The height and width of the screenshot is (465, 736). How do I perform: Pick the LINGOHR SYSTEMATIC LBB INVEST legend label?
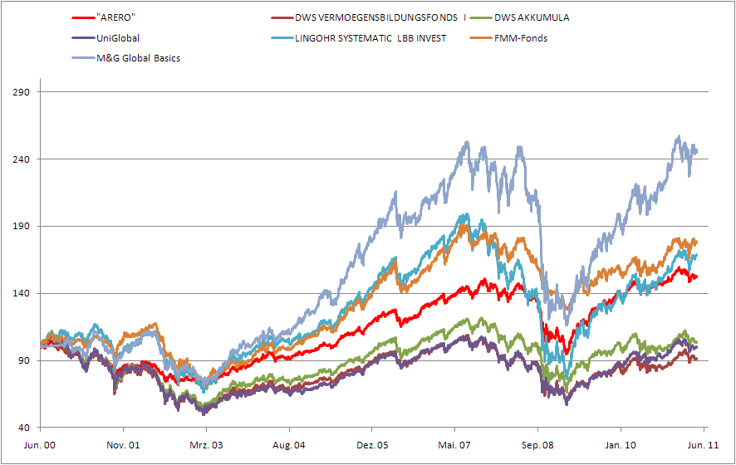(x=370, y=38)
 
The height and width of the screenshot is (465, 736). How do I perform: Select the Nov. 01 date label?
(x=123, y=445)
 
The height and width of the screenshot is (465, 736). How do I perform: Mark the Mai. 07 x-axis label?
(x=455, y=445)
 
